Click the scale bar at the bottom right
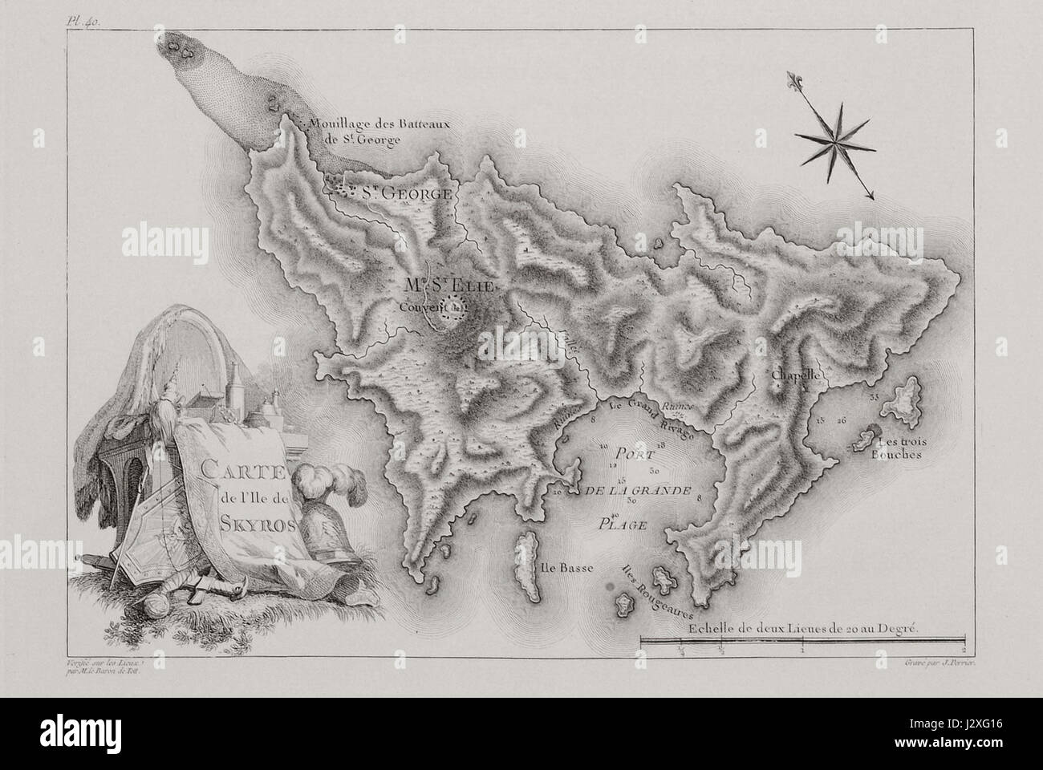[802, 640]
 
